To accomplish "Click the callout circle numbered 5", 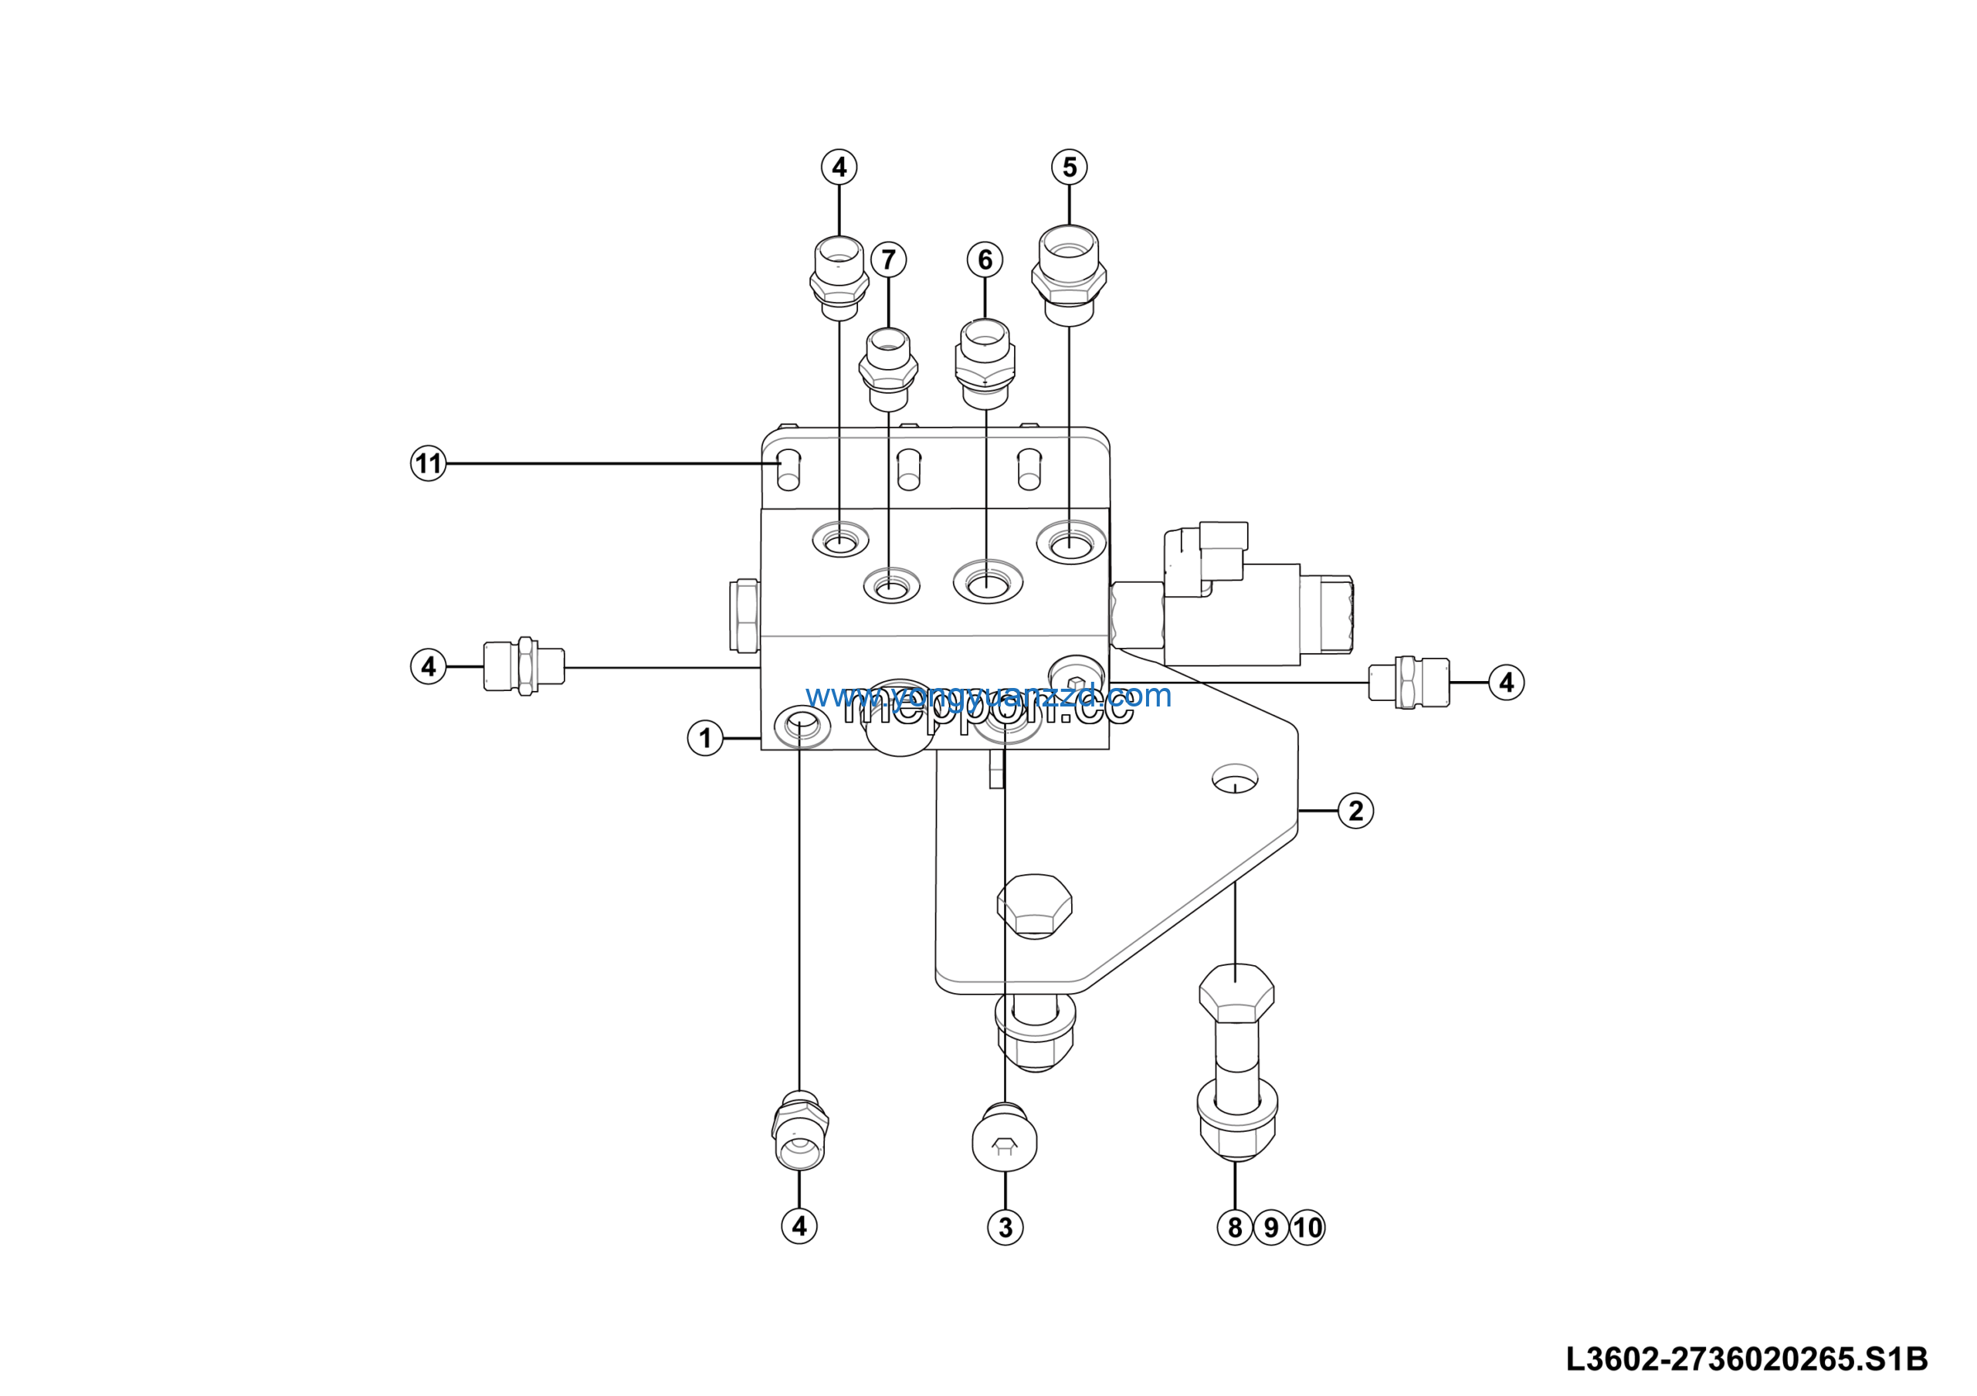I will (1070, 167).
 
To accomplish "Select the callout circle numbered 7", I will (889, 259).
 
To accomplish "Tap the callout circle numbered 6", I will (985, 259).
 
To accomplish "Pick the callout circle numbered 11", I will (428, 464).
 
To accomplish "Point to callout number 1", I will (705, 738).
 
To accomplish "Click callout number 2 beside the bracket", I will (1355, 811).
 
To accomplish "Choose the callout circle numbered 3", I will (1005, 1228).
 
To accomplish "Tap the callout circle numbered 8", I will (1235, 1228).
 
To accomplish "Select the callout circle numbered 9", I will (1271, 1228).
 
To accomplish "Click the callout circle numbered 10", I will (1307, 1228).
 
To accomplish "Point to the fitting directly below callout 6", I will (985, 363).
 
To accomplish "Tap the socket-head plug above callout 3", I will (1005, 1141).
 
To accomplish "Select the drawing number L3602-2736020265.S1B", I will (1746, 1360).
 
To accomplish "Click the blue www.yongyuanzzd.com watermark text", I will (988, 696).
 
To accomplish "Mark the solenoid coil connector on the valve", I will (1206, 557).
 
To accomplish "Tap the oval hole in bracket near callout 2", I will (1234, 780).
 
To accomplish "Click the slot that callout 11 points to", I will (788, 470).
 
